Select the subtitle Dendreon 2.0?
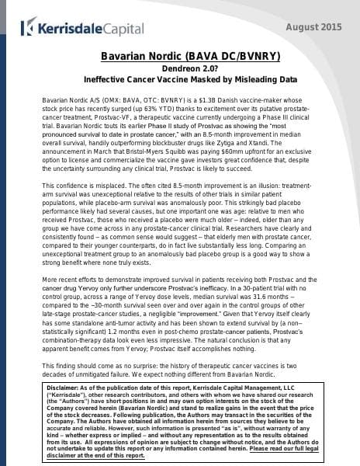pos(179,70)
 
